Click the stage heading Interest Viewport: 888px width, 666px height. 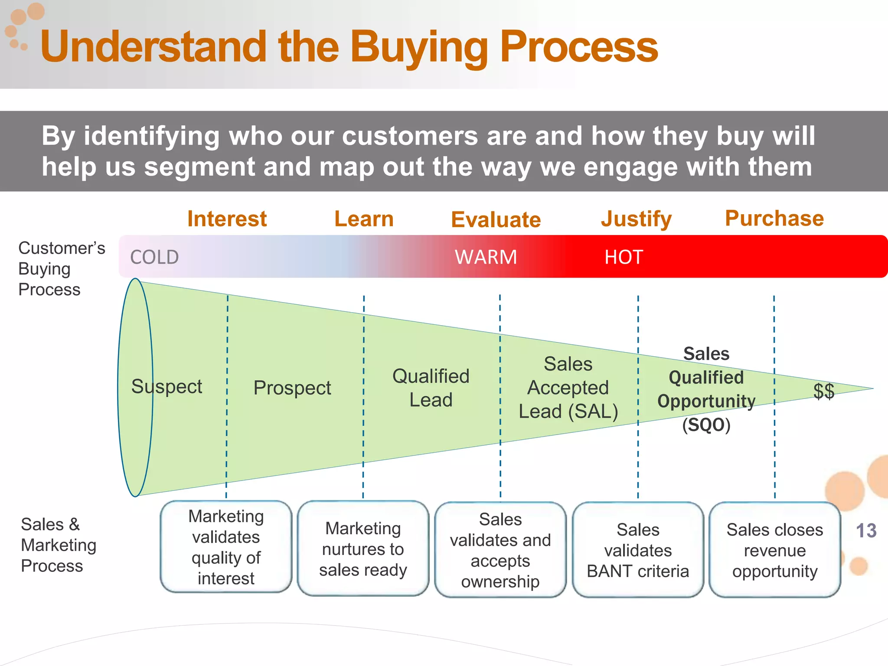(227, 219)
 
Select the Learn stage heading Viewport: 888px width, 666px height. (364, 219)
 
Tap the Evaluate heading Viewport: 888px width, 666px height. (496, 219)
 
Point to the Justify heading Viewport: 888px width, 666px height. (636, 219)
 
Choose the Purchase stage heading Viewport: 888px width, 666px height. (774, 218)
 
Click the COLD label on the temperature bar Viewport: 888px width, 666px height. (154, 257)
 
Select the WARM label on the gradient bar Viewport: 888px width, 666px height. (486, 257)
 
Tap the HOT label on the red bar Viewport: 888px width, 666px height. (624, 257)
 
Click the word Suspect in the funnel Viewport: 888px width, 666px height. (166, 386)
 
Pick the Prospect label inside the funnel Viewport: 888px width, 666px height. (292, 388)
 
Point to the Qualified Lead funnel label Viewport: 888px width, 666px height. (431, 388)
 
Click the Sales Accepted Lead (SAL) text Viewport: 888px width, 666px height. (568, 388)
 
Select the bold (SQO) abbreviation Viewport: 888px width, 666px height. (706, 425)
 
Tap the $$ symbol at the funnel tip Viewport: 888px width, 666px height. (823, 391)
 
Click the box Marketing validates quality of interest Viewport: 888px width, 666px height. (226, 547)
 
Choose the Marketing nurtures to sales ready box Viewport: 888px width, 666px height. (363, 548)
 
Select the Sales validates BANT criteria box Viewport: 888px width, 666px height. (637, 550)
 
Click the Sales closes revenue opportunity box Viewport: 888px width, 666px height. (774, 550)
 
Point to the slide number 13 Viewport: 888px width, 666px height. (866, 531)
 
